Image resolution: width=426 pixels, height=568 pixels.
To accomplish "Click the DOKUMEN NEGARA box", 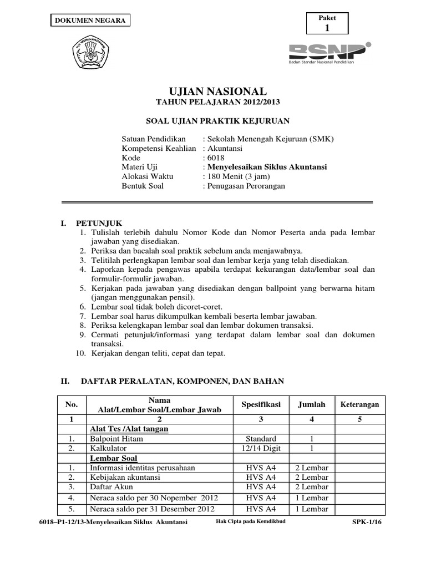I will [x=89, y=21].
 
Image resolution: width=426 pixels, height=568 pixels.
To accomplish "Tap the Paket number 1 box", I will [x=327, y=23].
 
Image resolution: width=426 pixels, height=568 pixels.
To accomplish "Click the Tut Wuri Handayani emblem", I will [x=92, y=54].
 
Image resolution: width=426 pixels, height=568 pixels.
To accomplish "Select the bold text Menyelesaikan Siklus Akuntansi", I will [x=267, y=167].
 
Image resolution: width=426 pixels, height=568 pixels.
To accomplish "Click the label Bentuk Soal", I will [x=143, y=186].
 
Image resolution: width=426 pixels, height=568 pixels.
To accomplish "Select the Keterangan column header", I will [x=359, y=405].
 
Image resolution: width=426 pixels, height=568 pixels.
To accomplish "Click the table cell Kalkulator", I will [x=108, y=448].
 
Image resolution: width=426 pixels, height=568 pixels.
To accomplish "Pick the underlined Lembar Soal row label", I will [x=114, y=458].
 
